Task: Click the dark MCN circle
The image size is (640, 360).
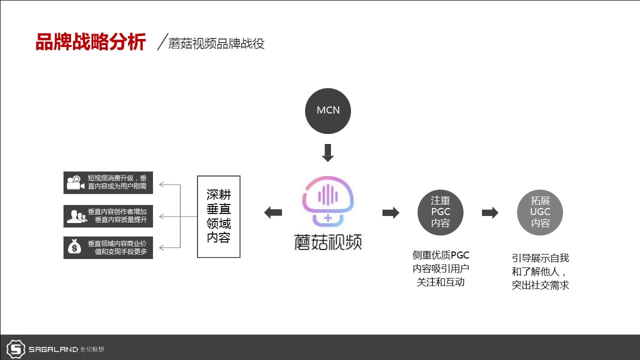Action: tap(328, 111)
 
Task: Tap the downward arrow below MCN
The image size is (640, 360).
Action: tap(328, 153)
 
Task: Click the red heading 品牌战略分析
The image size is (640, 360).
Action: tap(91, 42)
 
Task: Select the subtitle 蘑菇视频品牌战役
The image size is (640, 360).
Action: tap(216, 43)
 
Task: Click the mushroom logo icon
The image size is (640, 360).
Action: tap(328, 201)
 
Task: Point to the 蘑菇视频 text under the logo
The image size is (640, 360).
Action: tap(328, 242)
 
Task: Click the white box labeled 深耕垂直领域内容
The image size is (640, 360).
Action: tap(218, 216)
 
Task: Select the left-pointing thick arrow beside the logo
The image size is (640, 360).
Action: tap(273, 212)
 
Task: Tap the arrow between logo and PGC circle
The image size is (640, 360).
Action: tap(391, 212)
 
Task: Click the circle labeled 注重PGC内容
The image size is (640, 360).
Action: tap(440, 212)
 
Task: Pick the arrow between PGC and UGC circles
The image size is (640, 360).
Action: tap(490, 212)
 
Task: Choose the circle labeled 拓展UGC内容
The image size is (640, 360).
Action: tap(540, 212)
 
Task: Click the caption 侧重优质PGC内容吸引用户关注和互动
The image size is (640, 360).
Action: tap(440, 268)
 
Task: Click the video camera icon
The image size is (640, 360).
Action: tap(75, 182)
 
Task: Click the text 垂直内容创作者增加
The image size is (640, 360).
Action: tap(117, 211)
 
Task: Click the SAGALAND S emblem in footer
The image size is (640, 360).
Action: tap(15, 349)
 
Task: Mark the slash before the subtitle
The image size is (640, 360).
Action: tap(162, 42)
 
